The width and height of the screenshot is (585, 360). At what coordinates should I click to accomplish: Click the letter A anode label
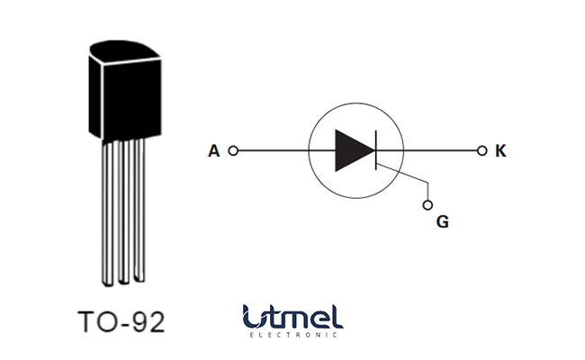213,151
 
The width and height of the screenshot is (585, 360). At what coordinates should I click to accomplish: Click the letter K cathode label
500,151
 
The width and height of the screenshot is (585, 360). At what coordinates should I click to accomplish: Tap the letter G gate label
442,221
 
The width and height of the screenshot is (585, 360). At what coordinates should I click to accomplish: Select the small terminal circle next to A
233,151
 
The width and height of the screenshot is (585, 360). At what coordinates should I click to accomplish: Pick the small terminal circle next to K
481,151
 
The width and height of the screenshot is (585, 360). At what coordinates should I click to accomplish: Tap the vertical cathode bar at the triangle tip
375,150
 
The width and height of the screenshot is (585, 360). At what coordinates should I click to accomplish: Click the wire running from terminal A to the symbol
270,151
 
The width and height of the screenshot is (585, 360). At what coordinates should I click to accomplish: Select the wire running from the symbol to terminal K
441,151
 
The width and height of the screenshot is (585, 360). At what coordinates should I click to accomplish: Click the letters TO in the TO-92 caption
96,321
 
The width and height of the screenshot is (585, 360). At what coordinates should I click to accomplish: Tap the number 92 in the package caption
148,321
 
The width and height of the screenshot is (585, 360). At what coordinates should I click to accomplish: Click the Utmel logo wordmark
292,316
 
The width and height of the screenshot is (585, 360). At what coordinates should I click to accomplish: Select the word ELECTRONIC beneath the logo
292,336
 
